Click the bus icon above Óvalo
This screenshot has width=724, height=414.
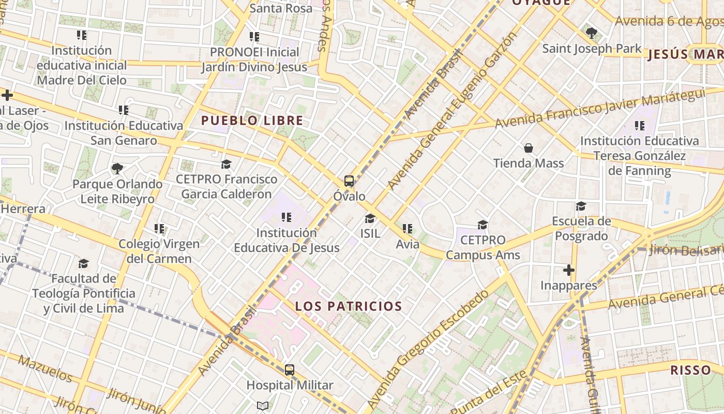pyautogui.click(x=349, y=181)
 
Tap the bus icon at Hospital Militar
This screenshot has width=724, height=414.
pyautogui.click(x=290, y=370)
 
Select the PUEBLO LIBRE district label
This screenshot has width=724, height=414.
pyautogui.click(x=252, y=121)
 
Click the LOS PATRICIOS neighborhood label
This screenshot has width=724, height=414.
pyautogui.click(x=349, y=306)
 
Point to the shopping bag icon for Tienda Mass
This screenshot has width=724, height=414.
pyautogui.click(x=529, y=148)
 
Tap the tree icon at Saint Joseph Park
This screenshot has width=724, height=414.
pyautogui.click(x=592, y=33)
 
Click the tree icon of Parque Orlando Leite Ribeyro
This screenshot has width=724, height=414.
pyautogui.click(x=117, y=168)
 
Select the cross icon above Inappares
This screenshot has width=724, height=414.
pyautogui.click(x=569, y=270)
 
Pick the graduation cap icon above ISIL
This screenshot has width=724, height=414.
pyautogui.click(x=370, y=218)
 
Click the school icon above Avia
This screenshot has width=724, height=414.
pyautogui.click(x=408, y=228)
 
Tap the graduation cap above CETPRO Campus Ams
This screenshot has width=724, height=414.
pyautogui.click(x=482, y=225)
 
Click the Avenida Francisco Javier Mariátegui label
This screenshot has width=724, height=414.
pyautogui.click(x=600, y=108)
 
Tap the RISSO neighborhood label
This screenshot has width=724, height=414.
pyautogui.click(x=690, y=370)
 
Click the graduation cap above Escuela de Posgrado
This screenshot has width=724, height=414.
pyautogui.click(x=581, y=206)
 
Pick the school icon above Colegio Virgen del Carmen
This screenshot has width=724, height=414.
pyautogui.click(x=159, y=228)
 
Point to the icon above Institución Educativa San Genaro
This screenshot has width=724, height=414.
pyautogui.click(x=124, y=110)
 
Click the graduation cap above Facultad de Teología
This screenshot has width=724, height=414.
pyautogui.click(x=84, y=263)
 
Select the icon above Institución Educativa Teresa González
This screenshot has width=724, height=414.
pyautogui.click(x=640, y=125)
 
